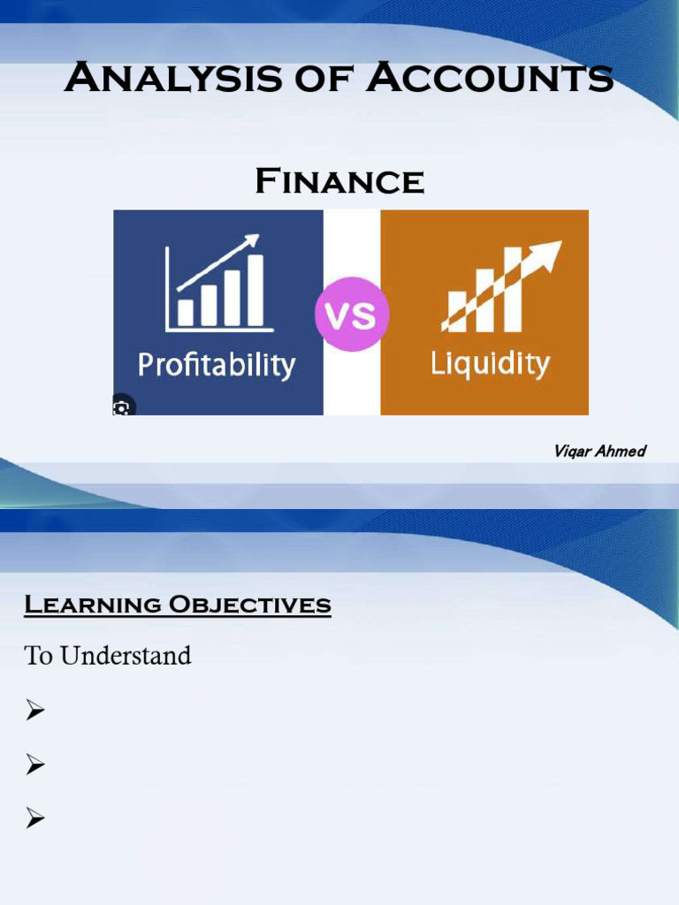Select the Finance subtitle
[x=339, y=182]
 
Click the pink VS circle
[x=352, y=315]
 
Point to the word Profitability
[x=216, y=365]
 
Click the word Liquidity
[x=490, y=363]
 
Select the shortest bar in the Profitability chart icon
[x=186, y=312]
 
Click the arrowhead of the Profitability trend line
[x=253, y=240]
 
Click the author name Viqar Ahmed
[x=599, y=452]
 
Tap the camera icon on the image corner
[x=122, y=407]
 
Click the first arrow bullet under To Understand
[x=35, y=710]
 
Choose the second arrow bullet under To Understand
[x=35, y=764]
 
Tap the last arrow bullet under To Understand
[x=35, y=819]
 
